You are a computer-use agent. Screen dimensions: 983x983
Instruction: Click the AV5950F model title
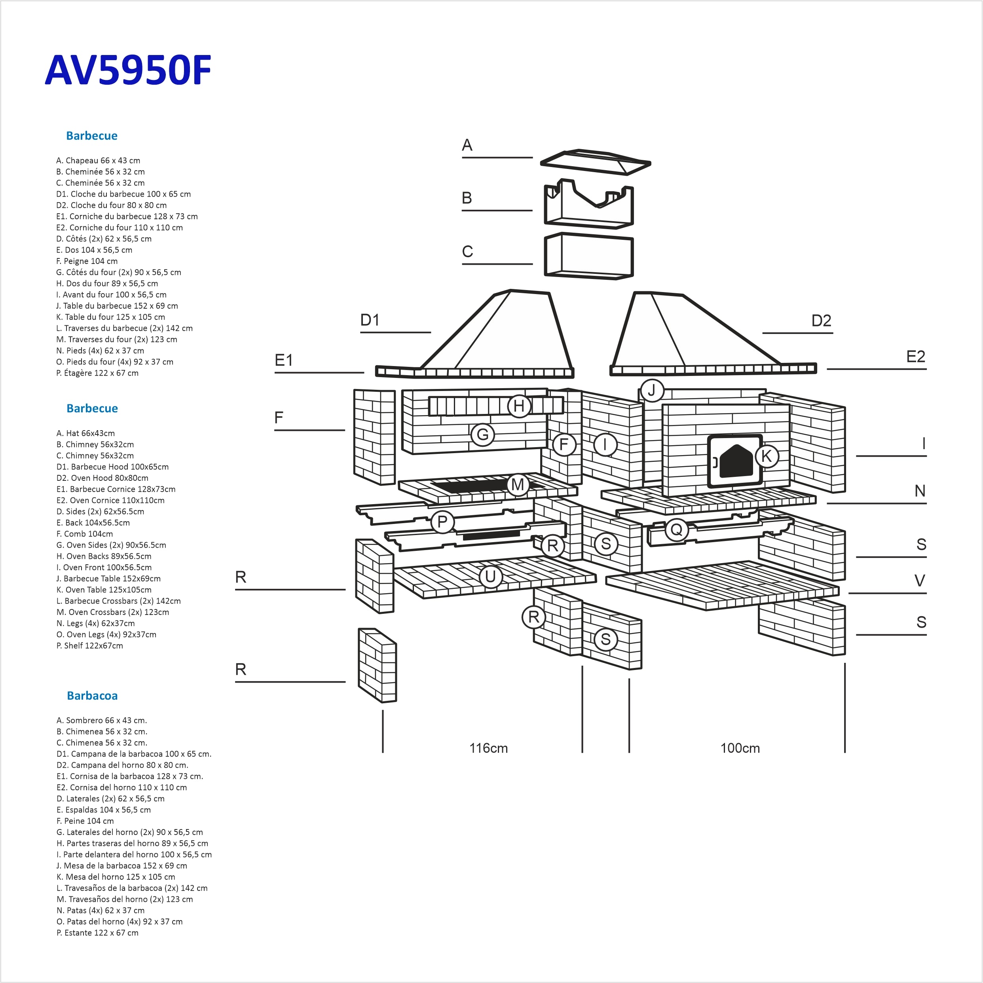click(128, 70)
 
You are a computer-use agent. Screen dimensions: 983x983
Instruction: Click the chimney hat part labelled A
click(595, 162)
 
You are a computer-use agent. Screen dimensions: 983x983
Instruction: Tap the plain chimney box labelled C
click(589, 256)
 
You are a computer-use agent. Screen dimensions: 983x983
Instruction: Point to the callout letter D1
click(370, 320)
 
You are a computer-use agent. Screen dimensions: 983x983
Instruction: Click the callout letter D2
click(821, 321)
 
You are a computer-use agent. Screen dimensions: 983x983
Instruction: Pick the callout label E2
click(915, 356)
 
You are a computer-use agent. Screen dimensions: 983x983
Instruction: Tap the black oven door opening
click(736, 461)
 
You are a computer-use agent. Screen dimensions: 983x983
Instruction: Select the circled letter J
click(652, 391)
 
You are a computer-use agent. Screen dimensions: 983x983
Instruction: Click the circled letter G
click(482, 435)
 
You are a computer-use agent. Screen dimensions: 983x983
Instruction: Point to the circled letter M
click(518, 484)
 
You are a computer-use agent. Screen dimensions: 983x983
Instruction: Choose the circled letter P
click(442, 522)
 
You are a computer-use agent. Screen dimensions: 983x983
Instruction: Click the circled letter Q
click(676, 529)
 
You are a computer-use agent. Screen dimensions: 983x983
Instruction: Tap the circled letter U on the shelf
click(490, 577)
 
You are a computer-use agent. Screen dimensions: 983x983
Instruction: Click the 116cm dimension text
click(488, 748)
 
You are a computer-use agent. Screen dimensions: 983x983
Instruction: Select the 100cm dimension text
click(740, 748)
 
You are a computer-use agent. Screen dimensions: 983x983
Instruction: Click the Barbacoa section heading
click(92, 696)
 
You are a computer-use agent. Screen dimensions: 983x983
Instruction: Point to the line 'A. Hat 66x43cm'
click(85, 433)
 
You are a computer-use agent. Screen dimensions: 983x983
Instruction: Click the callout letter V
click(919, 581)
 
